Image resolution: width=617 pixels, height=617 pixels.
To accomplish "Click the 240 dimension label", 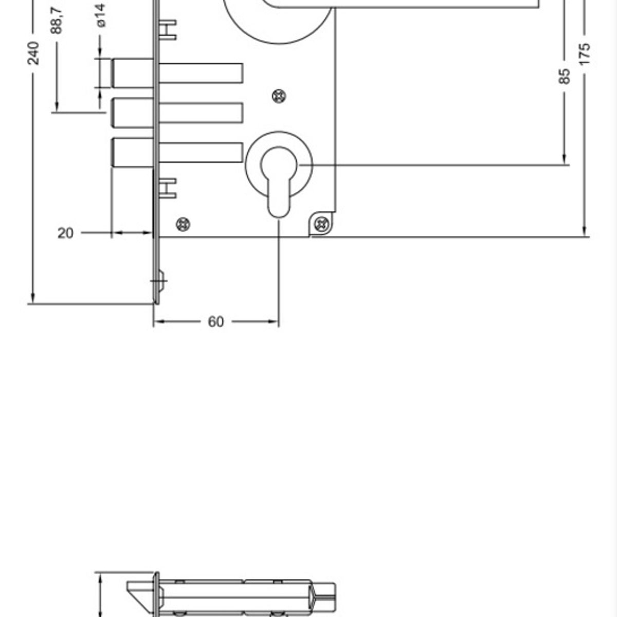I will coord(33,53).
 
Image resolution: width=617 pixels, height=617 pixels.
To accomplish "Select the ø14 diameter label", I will coord(101,15).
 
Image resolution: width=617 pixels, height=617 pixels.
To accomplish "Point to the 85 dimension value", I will coord(565,76).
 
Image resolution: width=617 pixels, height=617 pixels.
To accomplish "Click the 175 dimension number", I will coord(584,55).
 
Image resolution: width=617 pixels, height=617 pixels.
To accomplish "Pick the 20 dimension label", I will coord(65,233).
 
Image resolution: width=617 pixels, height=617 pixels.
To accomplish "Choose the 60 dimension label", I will coord(216,322).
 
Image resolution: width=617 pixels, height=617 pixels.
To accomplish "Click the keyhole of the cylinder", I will coord(278,180).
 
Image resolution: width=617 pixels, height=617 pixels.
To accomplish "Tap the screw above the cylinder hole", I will coord(278,96).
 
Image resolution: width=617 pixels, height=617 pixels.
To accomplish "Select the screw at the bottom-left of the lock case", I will coord(183,224).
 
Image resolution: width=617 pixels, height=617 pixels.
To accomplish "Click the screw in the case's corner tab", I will coord(322,224).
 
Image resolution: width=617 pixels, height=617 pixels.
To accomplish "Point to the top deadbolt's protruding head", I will coord(133,74).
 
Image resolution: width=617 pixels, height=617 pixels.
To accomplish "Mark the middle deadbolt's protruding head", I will coord(133,113).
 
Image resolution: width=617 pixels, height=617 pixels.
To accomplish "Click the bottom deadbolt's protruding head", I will coord(133,153).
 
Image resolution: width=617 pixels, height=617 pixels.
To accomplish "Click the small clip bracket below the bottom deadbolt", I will coord(168,188).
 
